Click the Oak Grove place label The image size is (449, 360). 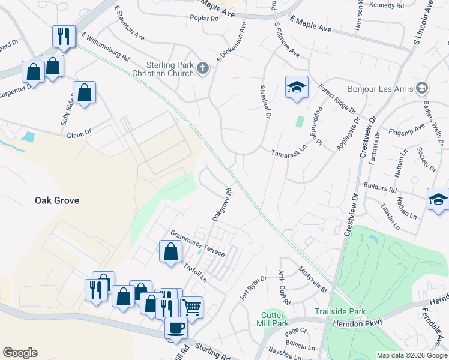(56, 200)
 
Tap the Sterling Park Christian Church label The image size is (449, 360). (163, 68)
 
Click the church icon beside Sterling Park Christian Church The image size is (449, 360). (203, 68)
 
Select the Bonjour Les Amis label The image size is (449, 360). (385, 89)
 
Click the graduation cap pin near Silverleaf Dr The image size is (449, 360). (297, 88)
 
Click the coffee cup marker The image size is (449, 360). (176, 328)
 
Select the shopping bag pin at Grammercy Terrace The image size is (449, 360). (171, 251)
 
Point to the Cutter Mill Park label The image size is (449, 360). (276, 320)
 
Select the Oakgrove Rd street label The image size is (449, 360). (222, 205)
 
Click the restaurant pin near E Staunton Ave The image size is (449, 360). (63, 36)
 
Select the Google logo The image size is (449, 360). (20, 353)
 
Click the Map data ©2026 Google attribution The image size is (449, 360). (411, 355)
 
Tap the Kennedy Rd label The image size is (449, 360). (387, 5)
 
